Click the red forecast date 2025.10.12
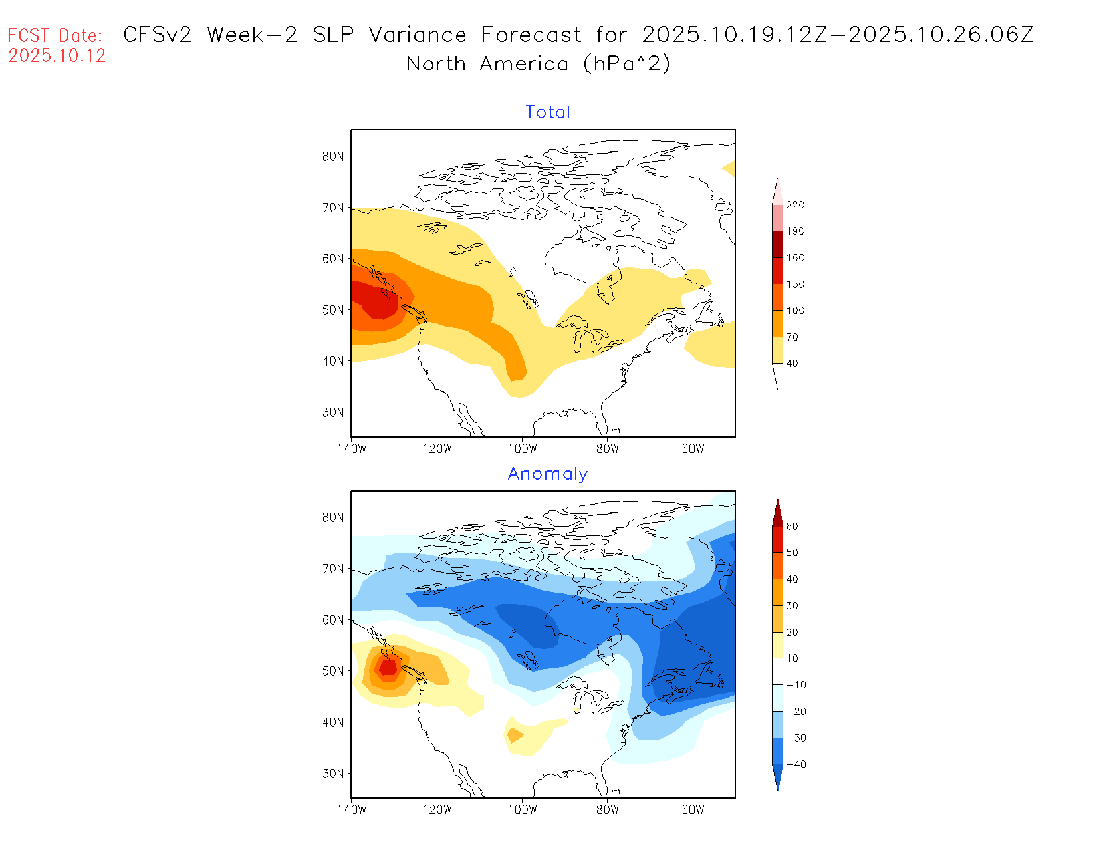click(57, 56)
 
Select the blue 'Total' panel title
click(548, 112)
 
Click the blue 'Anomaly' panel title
click(548, 474)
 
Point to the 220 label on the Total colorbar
click(795, 205)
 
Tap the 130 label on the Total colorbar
click(795, 284)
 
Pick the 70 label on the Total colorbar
click(792, 337)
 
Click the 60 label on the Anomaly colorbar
click(792, 526)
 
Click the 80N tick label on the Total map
click(333, 156)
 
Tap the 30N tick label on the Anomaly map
click(333, 774)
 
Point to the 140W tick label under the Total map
click(352, 449)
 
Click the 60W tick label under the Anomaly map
click(693, 810)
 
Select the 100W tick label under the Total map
click(523, 449)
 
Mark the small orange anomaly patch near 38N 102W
click(514, 735)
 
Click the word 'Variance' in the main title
click(418, 35)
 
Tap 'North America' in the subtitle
click(487, 64)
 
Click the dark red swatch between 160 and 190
click(777, 244)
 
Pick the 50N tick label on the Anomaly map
click(333, 671)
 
